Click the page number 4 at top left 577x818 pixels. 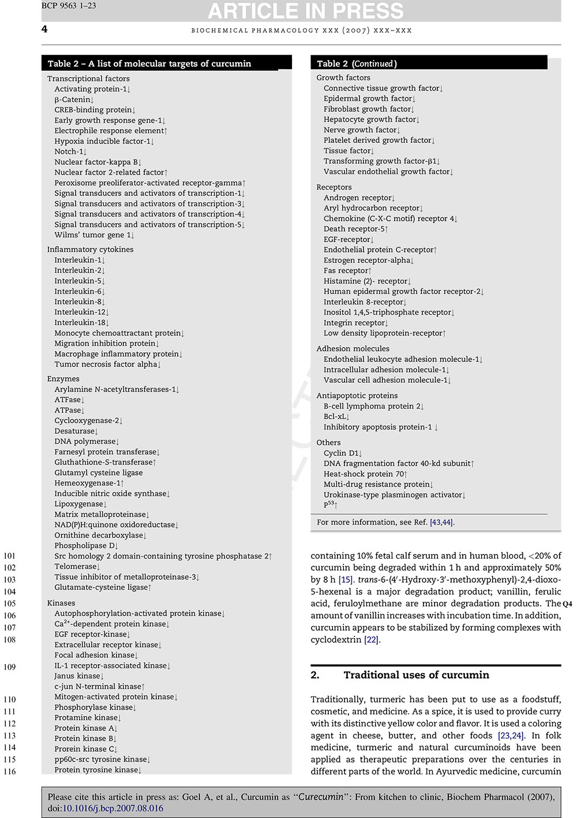[x=44, y=29]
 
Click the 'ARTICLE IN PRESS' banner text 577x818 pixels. [x=305, y=11]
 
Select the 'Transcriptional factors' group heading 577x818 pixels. [x=88, y=78]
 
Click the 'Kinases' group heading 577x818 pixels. [x=61, y=603]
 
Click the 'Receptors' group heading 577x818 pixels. [x=334, y=187]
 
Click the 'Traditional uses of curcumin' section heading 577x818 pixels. [x=416, y=675]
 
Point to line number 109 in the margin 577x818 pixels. [x=10, y=667]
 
